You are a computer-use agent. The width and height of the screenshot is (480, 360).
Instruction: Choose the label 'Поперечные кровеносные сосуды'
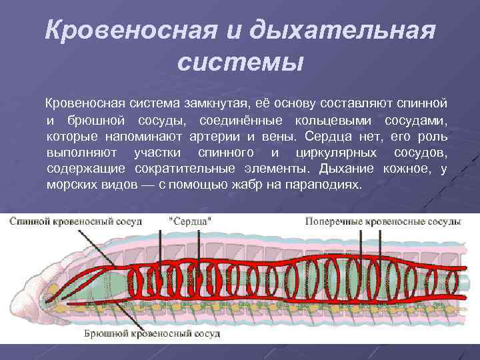click(x=383, y=221)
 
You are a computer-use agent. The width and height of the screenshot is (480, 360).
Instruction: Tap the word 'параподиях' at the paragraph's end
click(x=327, y=185)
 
